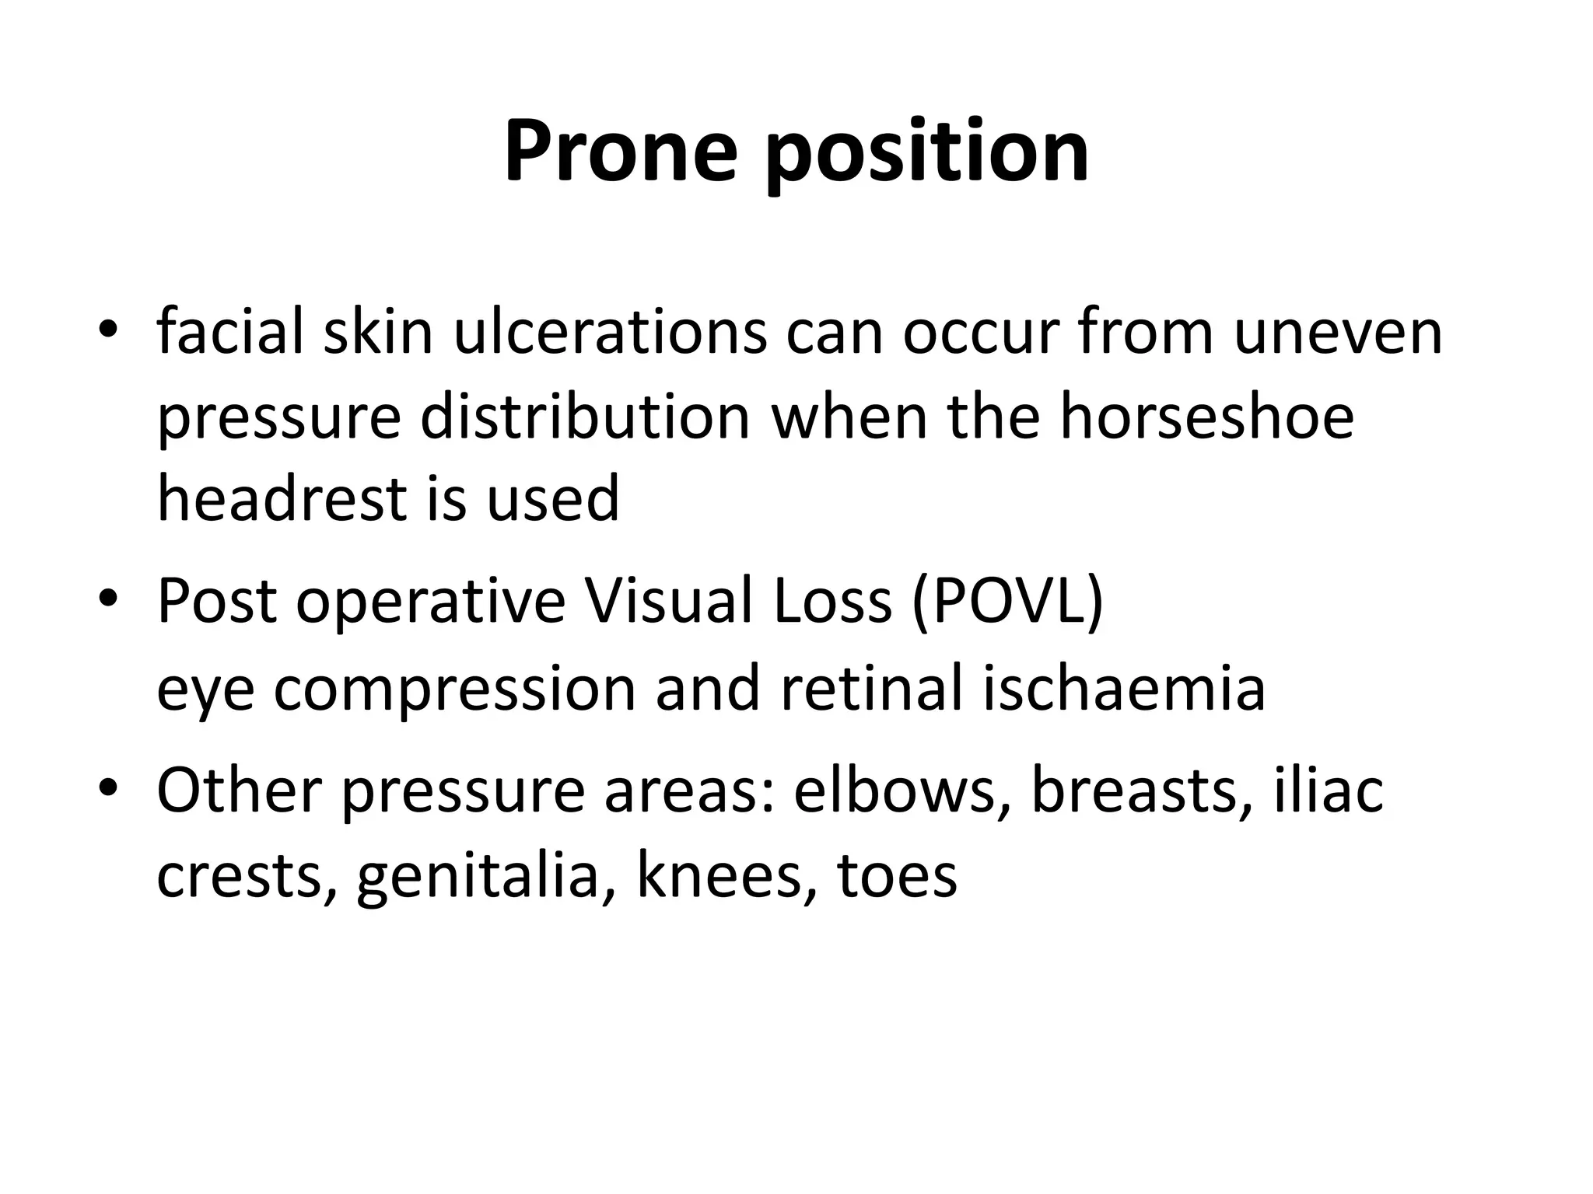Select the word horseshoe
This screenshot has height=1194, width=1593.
pyautogui.click(x=1207, y=417)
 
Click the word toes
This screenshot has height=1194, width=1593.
pyautogui.click(x=897, y=877)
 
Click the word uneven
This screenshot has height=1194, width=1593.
pyautogui.click(x=1338, y=333)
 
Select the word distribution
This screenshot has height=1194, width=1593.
pyautogui.click(x=586, y=417)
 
